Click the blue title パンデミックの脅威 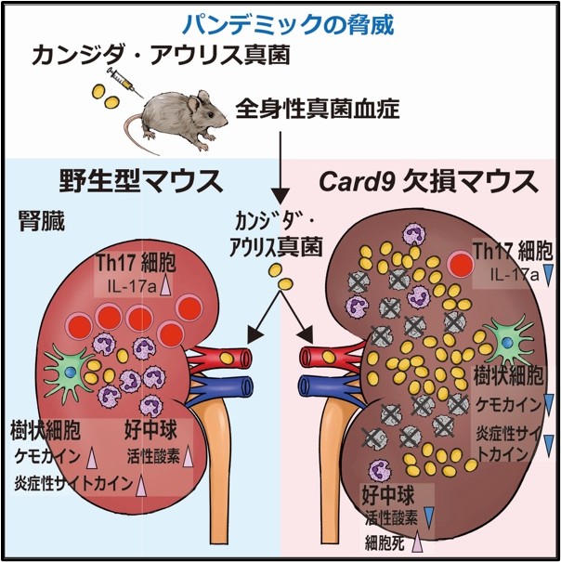[x=280, y=21]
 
